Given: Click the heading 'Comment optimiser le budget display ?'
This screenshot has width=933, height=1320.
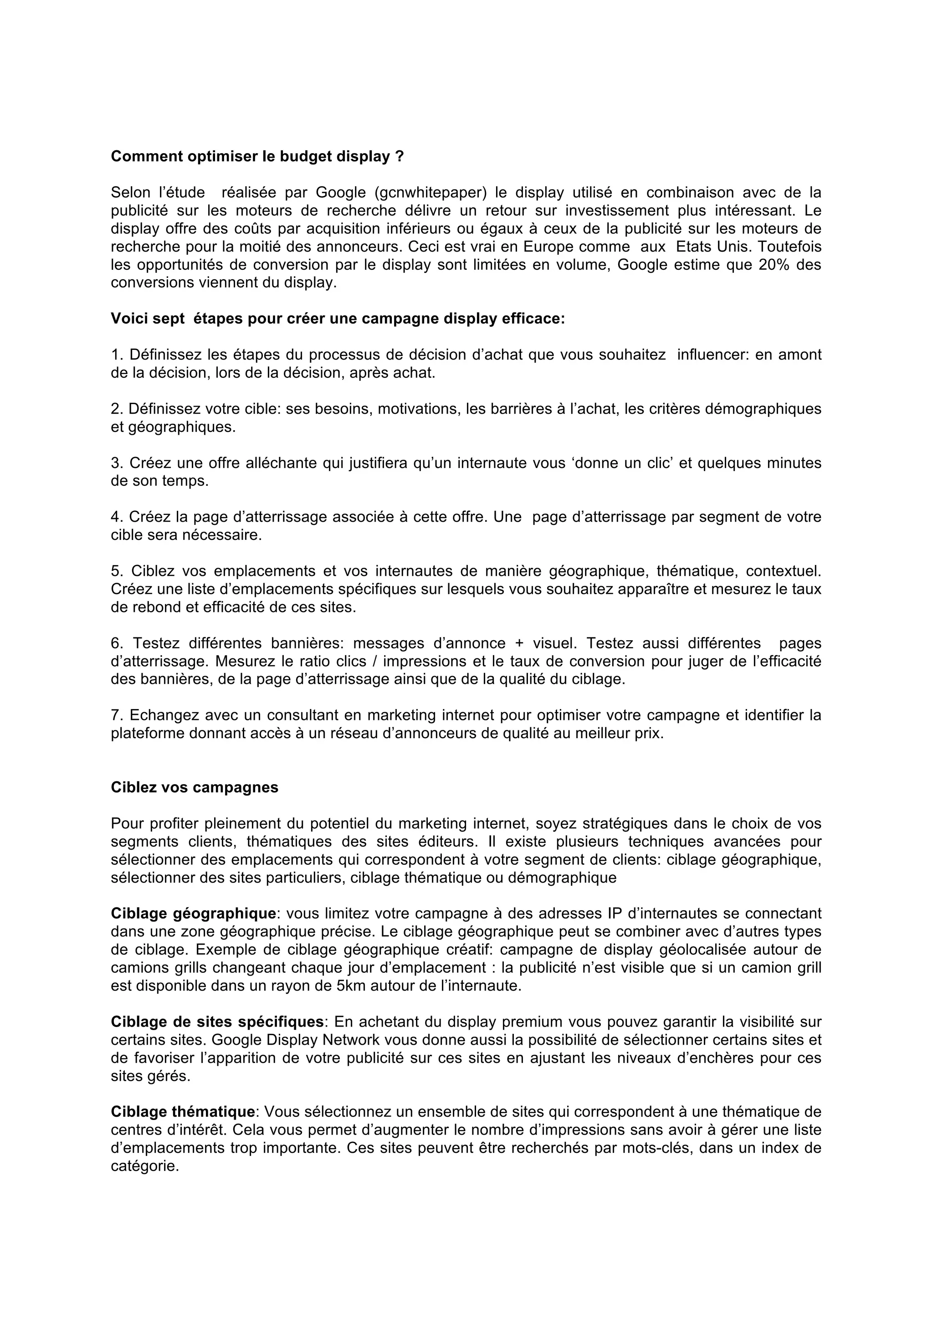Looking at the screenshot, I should coord(257,156).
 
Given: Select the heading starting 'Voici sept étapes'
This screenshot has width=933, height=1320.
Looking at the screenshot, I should coord(338,318).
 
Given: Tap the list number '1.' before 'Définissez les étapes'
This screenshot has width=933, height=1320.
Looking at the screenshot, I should coord(117,355).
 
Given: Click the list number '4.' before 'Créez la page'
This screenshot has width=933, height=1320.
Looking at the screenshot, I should coord(117,517).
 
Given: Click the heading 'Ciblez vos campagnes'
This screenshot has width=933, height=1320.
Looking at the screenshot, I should coord(195,787).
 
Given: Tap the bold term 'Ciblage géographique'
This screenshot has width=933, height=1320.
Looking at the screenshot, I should coord(193,914).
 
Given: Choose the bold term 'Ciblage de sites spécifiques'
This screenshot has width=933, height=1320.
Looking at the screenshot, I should coord(217,1022).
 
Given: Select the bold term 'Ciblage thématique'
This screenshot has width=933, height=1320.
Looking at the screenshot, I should coord(183,1112).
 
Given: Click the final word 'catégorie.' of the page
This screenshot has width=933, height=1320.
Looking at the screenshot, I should coord(145,1166).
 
